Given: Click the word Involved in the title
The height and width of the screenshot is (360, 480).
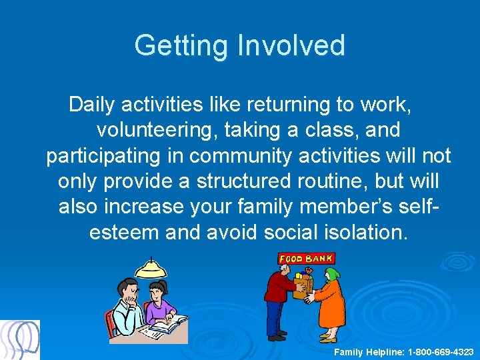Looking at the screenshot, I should click(x=291, y=45).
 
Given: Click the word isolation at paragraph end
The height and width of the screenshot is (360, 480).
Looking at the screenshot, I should click(x=363, y=232).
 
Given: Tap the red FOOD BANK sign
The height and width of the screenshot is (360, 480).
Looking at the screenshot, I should click(x=306, y=258).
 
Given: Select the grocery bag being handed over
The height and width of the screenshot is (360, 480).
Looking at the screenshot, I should click(x=303, y=283).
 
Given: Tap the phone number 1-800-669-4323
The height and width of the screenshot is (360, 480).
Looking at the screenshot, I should click(x=441, y=351).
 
